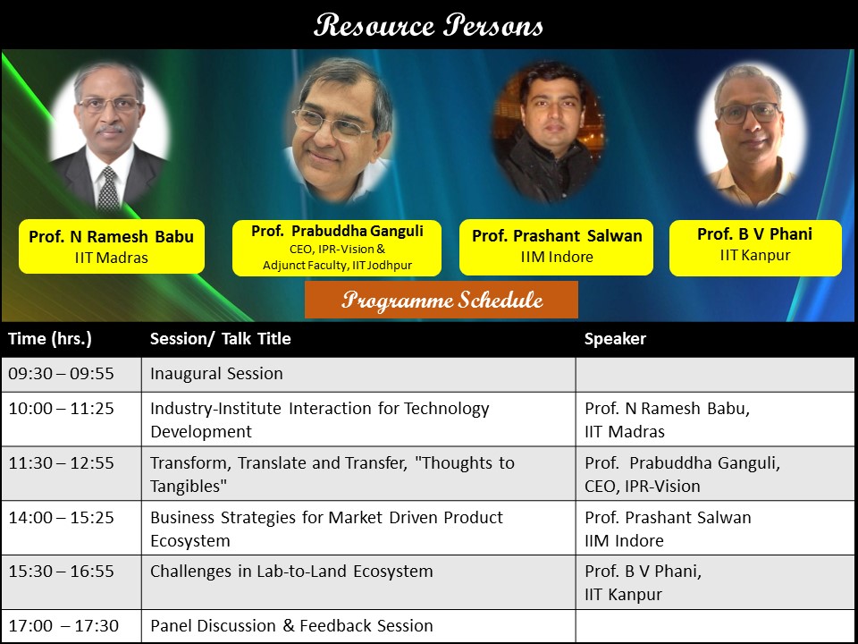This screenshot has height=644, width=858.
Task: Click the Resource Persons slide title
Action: pos(429,25)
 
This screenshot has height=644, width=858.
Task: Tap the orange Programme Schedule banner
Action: pos(442,300)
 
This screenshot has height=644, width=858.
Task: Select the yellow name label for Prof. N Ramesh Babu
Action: pos(112,247)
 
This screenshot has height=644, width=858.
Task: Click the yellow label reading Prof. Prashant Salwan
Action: pos(557,247)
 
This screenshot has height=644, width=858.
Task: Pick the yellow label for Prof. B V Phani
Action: pos(755,245)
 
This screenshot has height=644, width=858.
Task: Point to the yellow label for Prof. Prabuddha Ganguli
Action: pos(337,248)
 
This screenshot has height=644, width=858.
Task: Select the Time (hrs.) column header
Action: pos(50,339)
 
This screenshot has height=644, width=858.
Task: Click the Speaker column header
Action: pos(615,339)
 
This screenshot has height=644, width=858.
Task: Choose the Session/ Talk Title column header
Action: pos(220,339)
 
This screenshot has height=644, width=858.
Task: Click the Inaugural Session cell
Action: pos(216,374)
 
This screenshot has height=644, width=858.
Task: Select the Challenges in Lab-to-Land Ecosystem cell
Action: pos(291,571)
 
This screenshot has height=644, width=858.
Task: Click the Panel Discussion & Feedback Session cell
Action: pos(291,626)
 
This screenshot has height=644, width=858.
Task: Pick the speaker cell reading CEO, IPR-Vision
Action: pos(642,486)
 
